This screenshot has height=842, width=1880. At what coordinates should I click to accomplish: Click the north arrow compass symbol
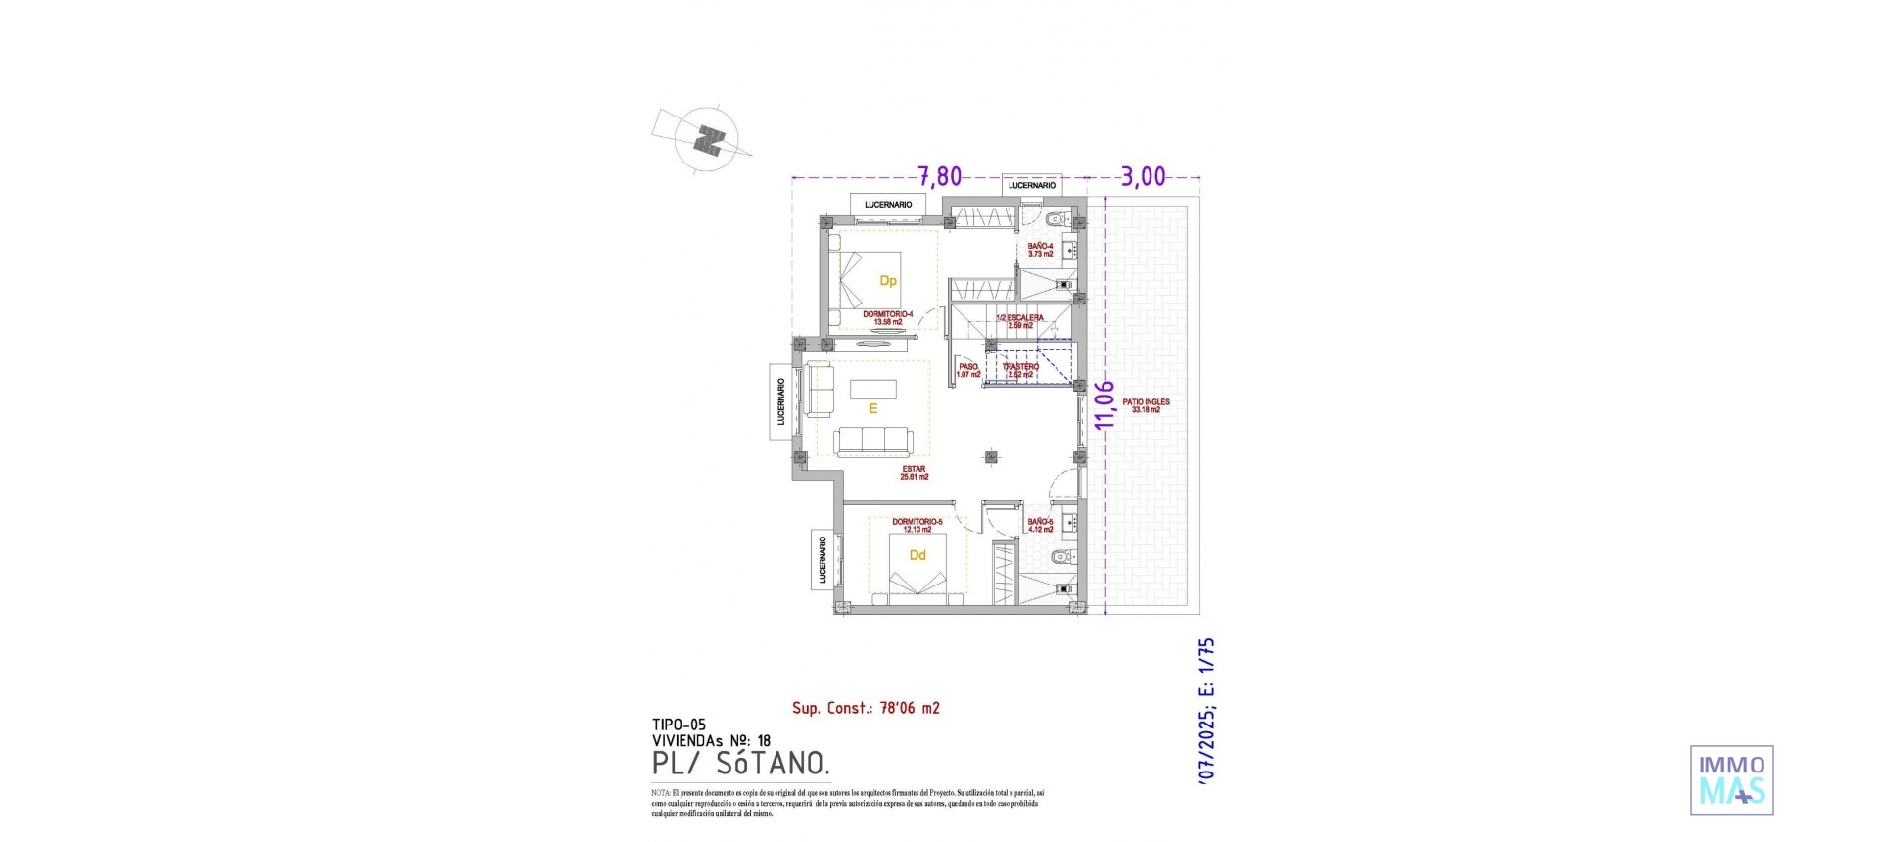click(707, 140)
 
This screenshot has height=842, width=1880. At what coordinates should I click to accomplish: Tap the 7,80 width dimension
click(939, 176)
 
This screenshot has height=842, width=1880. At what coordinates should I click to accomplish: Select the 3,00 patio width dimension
click(1143, 176)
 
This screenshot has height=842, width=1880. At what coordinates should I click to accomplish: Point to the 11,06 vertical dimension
click(1104, 404)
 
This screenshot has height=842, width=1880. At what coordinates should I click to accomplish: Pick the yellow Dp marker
click(888, 281)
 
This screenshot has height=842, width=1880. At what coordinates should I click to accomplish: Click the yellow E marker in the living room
click(872, 409)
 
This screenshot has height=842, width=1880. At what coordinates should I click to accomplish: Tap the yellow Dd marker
click(917, 556)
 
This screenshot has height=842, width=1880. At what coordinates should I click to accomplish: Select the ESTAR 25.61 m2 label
click(914, 473)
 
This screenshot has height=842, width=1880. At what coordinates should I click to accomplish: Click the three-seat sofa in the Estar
click(873, 442)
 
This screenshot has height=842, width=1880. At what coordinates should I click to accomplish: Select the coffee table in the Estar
click(872, 389)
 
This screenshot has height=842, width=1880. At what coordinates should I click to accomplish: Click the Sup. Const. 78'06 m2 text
click(866, 708)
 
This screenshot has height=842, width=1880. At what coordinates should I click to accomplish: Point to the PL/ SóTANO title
click(741, 764)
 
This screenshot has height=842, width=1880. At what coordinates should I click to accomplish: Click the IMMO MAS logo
click(1731, 779)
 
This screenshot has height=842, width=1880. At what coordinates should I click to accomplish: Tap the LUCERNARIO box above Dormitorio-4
click(888, 205)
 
